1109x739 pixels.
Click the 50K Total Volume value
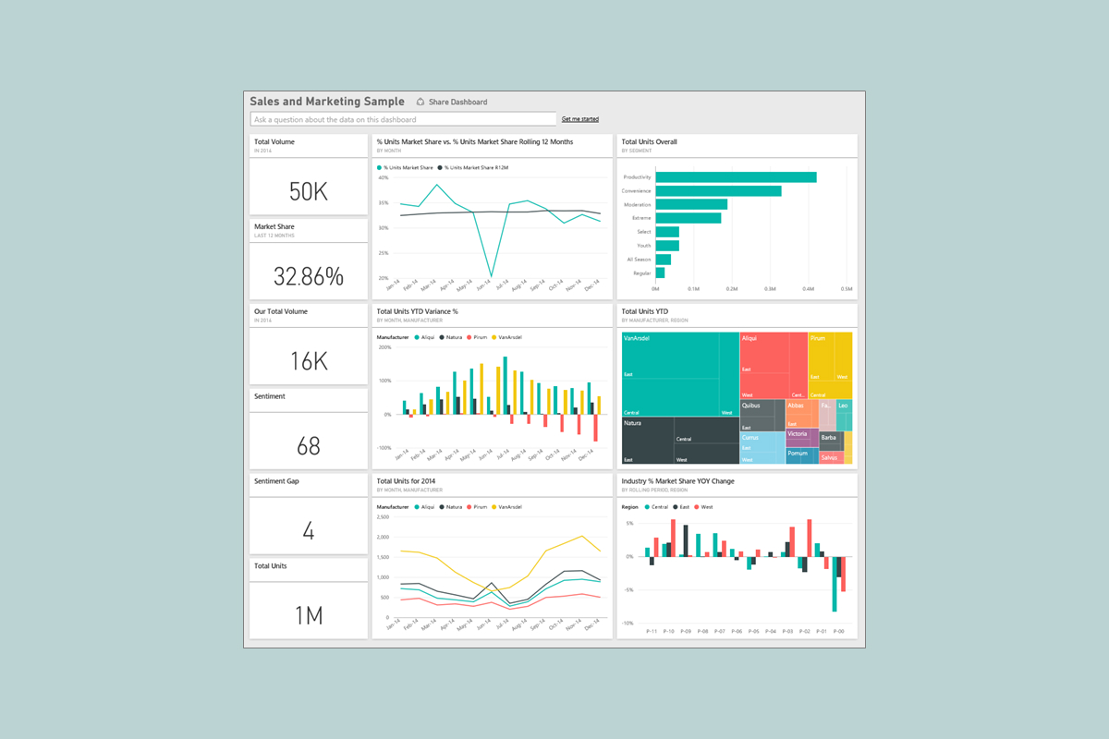(x=309, y=191)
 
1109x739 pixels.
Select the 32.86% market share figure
(x=309, y=275)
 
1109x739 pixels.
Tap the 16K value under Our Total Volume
(x=309, y=360)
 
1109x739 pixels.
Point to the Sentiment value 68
(x=309, y=446)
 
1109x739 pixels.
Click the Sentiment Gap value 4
(x=309, y=531)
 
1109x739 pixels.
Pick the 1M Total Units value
(x=309, y=615)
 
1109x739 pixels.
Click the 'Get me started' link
(x=580, y=119)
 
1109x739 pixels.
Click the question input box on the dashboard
(x=403, y=119)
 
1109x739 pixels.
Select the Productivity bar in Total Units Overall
(x=736, y=177)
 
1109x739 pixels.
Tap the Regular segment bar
(x=660, y=273)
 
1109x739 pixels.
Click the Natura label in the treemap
(x=633, y=423)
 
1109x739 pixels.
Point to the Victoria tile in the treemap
(x=798, y=433)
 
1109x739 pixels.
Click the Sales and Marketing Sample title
(x=327, y=102)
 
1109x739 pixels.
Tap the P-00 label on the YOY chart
(x=838, y=631)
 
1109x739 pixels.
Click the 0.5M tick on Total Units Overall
(x=846, y=289)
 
